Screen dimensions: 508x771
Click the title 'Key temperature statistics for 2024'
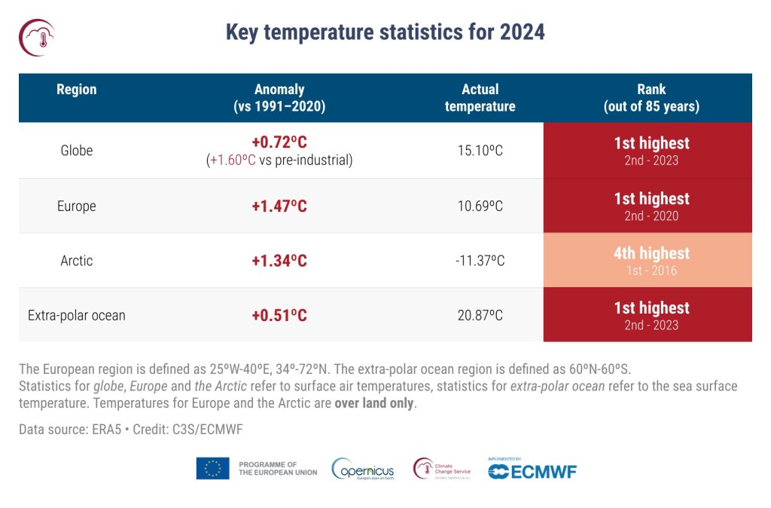coord(385,32)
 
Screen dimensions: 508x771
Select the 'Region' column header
coord(77,90)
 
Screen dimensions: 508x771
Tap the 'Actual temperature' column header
coord(480,98)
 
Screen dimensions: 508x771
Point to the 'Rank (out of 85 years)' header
coord(651,98)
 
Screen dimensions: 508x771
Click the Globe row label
coord(77,150)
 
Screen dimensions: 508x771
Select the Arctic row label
coord(77,261)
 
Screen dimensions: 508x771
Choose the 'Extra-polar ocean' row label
coord(77,315)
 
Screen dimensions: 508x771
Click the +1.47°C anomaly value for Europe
coord(279,206)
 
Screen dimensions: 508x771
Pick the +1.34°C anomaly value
coord(279,261)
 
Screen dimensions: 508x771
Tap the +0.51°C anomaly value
coord(279,315)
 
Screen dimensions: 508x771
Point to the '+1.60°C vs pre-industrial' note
coord(279,161)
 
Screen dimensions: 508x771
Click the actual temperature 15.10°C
coord(480,151)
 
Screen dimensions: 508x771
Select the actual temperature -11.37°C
coord(480,261)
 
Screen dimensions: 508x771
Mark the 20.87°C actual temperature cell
coord(480,315)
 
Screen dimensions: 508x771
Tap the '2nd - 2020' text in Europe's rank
coord(651,216)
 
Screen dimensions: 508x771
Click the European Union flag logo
coord(212,469)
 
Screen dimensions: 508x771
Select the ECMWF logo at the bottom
coord(532,472)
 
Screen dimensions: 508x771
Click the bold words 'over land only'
coord(374,403)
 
